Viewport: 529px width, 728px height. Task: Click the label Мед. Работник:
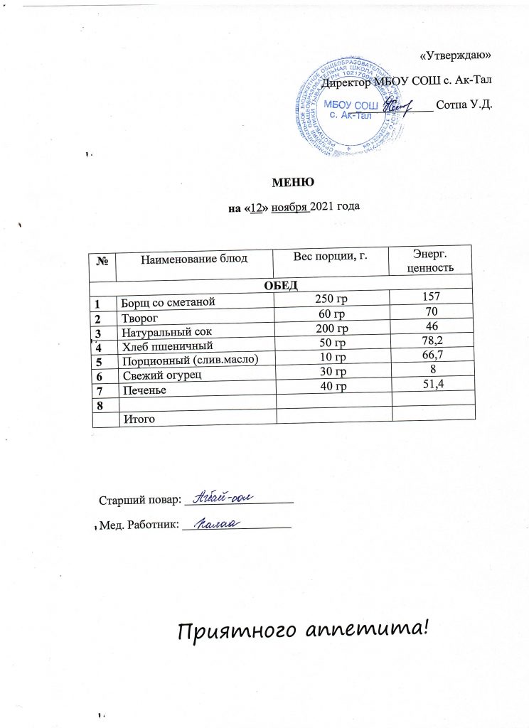click(138, 526)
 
